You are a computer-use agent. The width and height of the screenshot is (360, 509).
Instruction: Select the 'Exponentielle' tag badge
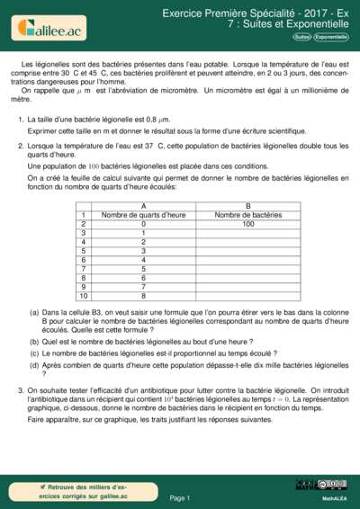[330, 37]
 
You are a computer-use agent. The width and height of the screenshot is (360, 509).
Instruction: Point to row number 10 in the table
[83, 296]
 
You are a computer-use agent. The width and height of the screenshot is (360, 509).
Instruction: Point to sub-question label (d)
[34, 364]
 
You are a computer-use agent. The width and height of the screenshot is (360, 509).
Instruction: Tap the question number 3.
[20, 390]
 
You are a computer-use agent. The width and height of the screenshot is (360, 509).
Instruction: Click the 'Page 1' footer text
[179, 497]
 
